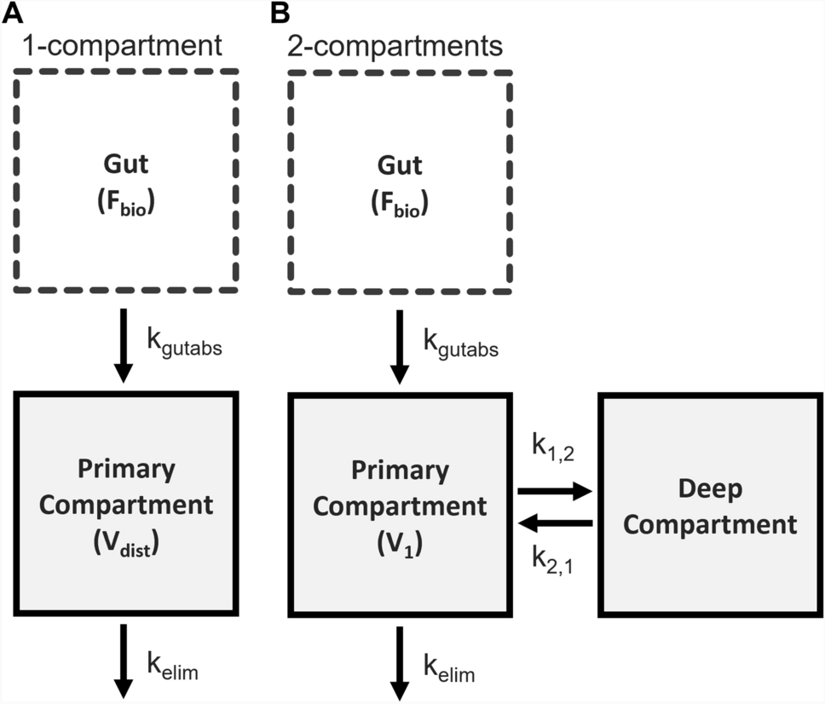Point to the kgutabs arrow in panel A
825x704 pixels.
[x=124, y=344]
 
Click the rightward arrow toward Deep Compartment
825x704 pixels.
[x=554, y=491]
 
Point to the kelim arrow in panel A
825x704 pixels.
[x=124, y=661]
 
